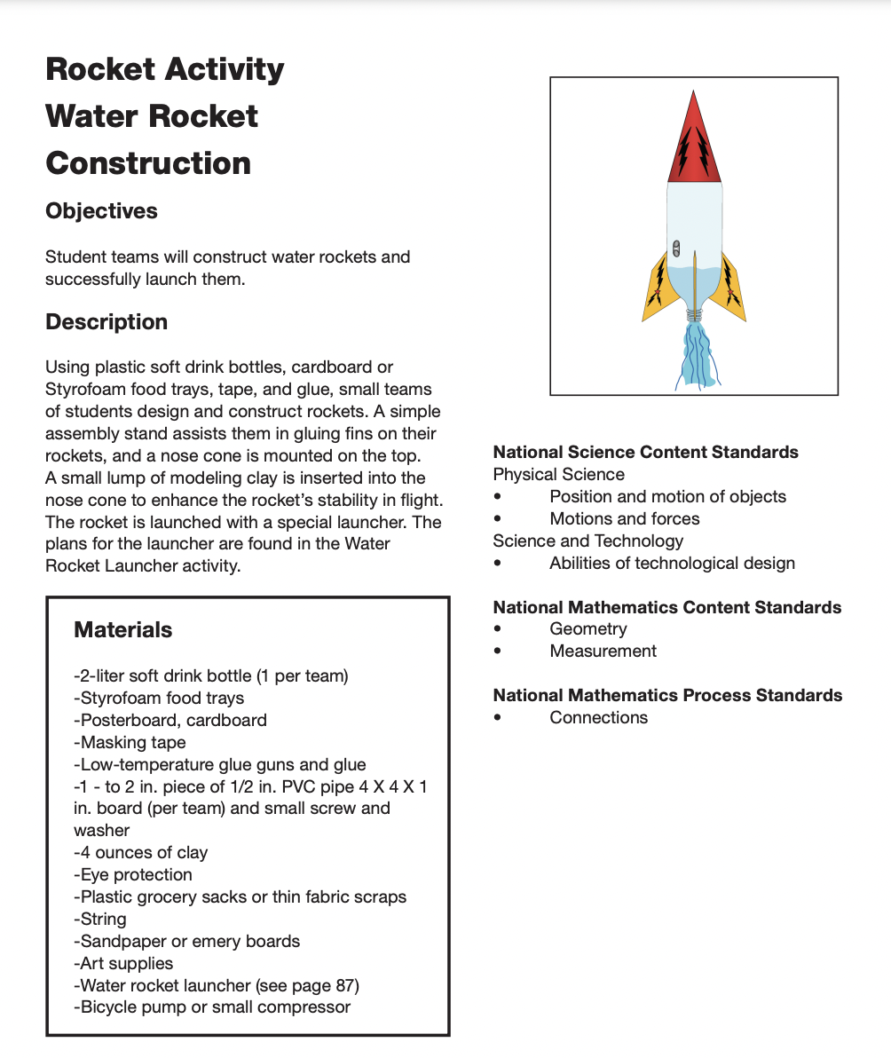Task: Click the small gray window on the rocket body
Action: [676, 248]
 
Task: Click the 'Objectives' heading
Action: [101, 211]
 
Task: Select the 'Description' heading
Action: [106, 322]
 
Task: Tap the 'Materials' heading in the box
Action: [123, 630]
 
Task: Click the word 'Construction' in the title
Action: [148, 163]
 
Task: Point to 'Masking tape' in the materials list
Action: [130, 742]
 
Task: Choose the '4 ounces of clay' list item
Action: [141, 852]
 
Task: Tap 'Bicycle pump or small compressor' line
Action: [213, 1007]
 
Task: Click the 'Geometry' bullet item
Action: [587, 629]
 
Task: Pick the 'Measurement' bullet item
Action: [603, 651]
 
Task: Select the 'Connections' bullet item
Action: [598, 717]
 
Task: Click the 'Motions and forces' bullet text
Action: [624, 519]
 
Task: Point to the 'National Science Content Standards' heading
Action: [645, 453]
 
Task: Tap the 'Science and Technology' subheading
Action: [587, 541]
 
